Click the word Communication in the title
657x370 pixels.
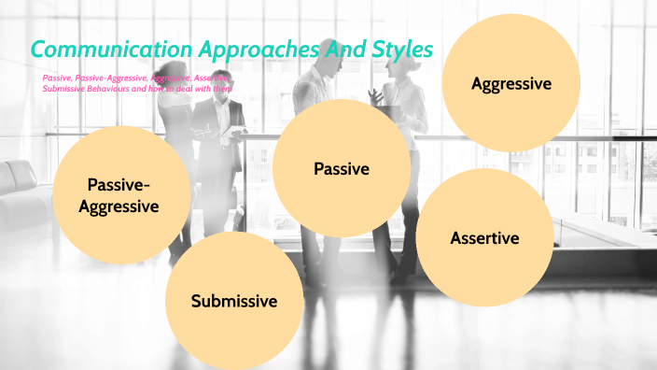pos(110,49)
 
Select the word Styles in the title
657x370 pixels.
pos(398,49)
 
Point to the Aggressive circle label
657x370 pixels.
pos(511,84)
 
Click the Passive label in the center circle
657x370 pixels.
pos(342,169)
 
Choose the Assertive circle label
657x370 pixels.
pos(484,237)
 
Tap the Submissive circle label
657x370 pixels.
pos(234,301)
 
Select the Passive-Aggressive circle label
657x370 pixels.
pos(123,194)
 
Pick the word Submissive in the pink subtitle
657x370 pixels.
pos(63,88)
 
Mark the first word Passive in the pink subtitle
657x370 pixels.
pos(56,77)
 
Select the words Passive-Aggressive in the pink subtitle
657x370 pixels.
pos(109,77)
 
